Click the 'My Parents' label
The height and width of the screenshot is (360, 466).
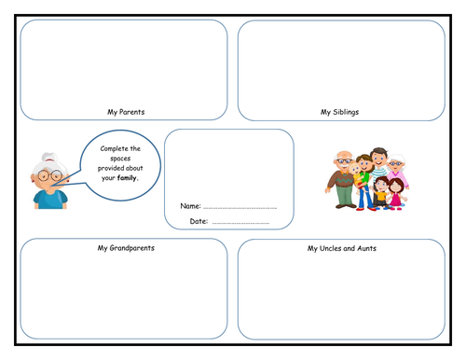(x=126, y=112)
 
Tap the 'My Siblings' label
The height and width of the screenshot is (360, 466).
(x=340, y=112)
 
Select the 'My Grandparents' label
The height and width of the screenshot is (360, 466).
(x=126, y=248)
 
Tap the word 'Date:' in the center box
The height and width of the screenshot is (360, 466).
(x=199, y=222)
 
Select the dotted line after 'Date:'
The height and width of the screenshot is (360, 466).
(x=240, y=223)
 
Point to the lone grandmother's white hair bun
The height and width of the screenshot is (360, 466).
(x=39, y=159)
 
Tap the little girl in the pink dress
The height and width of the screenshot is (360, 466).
(x=395, y=191)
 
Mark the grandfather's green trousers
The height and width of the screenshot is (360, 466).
(x=344, y=196)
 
